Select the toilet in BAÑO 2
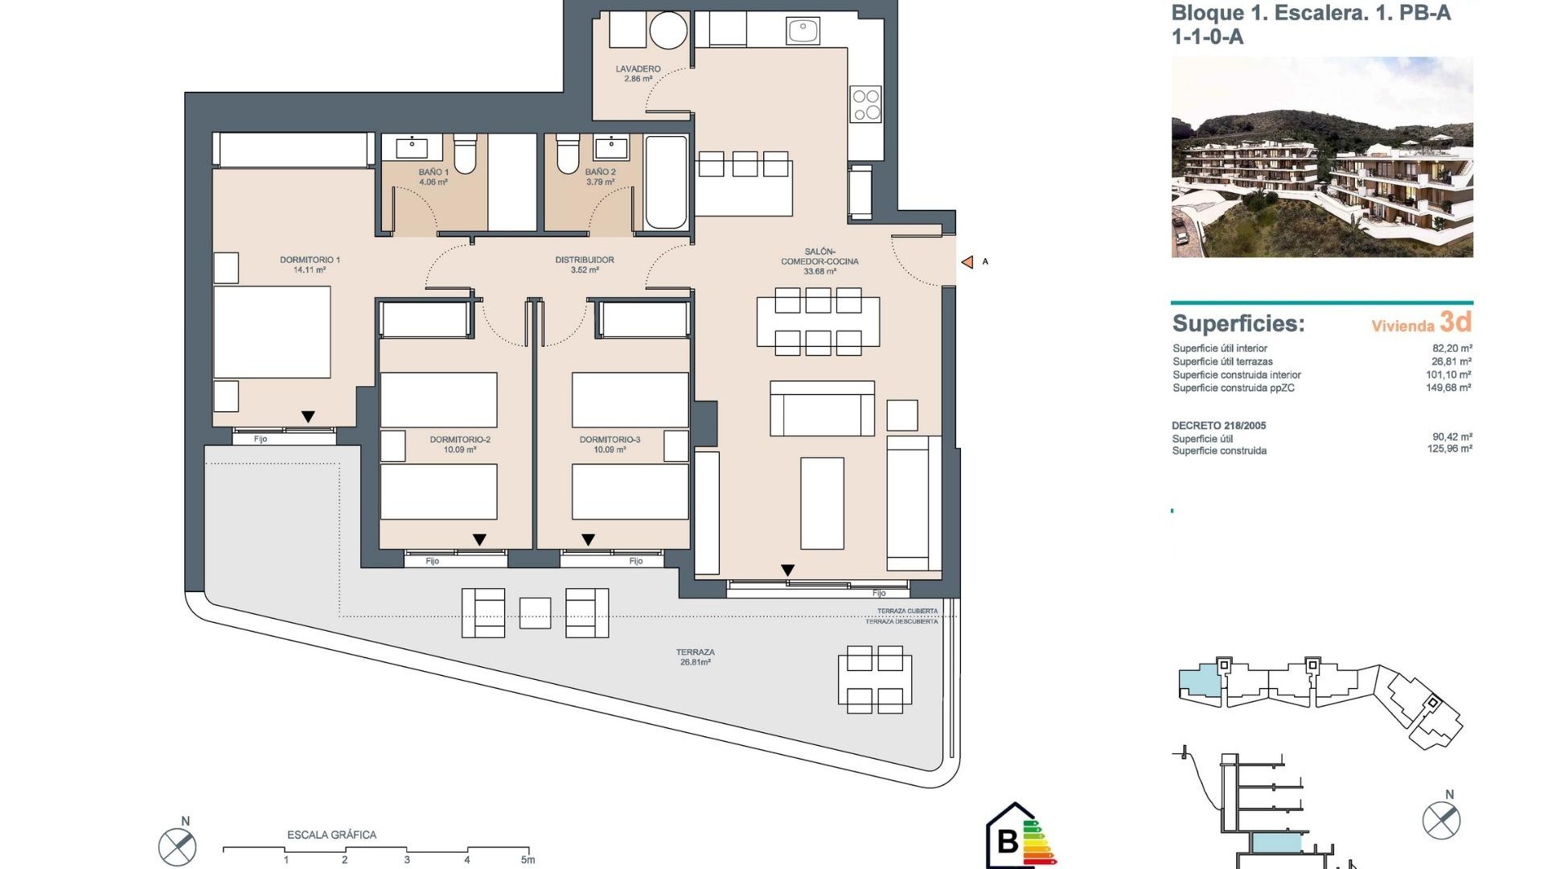pos(568,154)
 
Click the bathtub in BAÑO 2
pos(666,182)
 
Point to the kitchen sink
pos(803,31)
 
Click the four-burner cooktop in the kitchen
pos(866,105)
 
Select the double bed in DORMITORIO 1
pos(272,332)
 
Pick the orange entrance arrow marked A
pos(967,262)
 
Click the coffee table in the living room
pos(822,503)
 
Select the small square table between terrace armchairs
pos(535,612)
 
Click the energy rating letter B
pos(1008,841)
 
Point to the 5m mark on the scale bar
pos(528,859)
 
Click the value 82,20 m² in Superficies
pos(1452,348)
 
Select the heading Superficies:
pos(1238,323)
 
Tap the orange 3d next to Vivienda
pos(1456,322)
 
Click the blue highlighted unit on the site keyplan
pos(1199,682)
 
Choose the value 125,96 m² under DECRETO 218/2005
pos(1449,449)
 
